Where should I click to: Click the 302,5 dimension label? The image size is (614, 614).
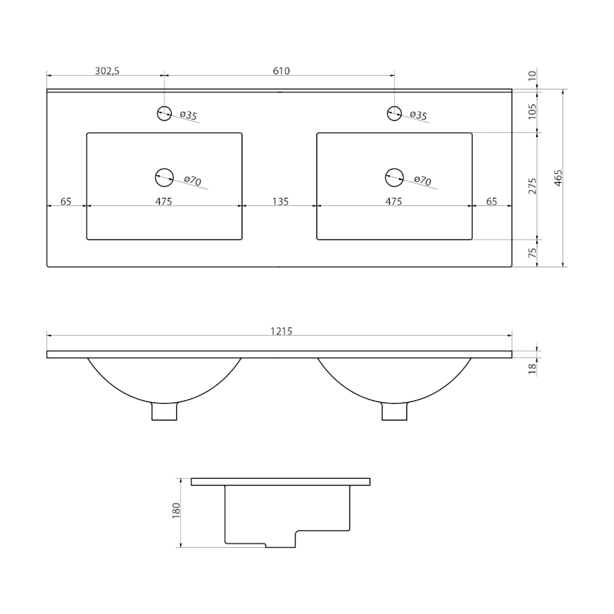(107, 71)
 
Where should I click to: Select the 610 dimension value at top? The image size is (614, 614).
(281, 71)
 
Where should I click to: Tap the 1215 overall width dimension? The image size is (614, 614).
(281, 332)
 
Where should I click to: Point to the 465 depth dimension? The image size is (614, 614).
(558, 178)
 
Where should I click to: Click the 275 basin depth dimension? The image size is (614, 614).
(532, 186)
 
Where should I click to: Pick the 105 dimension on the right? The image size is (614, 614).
(532, 112)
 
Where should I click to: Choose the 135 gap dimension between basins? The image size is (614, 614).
(280, 201)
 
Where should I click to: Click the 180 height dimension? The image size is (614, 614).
(176, 510)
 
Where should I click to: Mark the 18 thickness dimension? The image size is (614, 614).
(532, 368)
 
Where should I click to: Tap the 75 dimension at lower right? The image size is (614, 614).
(532, 253)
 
